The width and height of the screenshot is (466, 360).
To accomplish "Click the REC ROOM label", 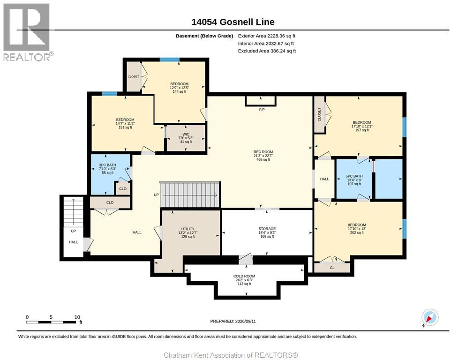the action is (263, 151).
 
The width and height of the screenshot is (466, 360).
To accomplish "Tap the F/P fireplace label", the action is (262, 110).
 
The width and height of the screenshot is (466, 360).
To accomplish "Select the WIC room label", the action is (186, 135).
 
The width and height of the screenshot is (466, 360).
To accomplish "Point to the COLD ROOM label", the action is (244, 276).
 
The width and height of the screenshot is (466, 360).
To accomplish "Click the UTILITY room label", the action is (188, 229).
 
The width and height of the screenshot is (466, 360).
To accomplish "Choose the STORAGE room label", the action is (267, 229).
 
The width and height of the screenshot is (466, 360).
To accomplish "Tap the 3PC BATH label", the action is (107, 165).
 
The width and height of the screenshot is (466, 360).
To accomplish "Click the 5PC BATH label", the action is (354, 176).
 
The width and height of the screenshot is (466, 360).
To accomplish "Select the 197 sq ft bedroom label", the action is (361, 126).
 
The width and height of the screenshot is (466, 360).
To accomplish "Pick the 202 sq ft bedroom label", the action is (357, 229).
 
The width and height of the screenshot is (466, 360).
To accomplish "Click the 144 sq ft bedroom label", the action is (179, 88).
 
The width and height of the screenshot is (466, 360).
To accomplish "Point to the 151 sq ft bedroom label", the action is (125, 123).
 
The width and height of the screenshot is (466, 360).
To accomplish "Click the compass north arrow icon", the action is (430, 318).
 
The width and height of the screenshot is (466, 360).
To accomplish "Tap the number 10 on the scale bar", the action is (77, 317).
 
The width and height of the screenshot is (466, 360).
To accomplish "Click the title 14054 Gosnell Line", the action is (233, 22).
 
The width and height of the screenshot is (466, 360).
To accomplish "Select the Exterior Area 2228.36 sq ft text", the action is (267, 36).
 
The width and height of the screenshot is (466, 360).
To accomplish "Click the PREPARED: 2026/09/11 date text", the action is (233, 322).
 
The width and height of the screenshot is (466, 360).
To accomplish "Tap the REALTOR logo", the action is (27, 32).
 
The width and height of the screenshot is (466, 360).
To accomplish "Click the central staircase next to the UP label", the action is (190, 195).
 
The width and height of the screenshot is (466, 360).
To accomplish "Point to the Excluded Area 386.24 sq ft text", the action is (267, 51).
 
